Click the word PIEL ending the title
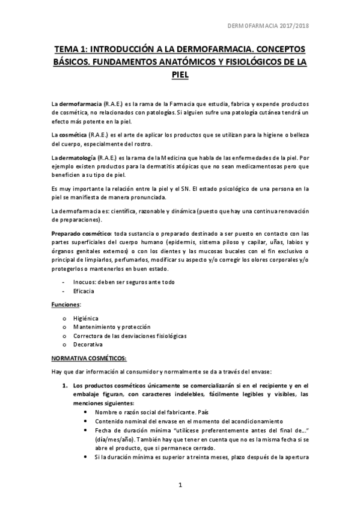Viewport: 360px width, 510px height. [180, 75]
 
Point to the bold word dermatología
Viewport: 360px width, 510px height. [83, 158]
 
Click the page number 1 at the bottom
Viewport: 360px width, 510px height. [180, 485]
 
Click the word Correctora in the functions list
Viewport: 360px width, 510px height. [88, 336]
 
